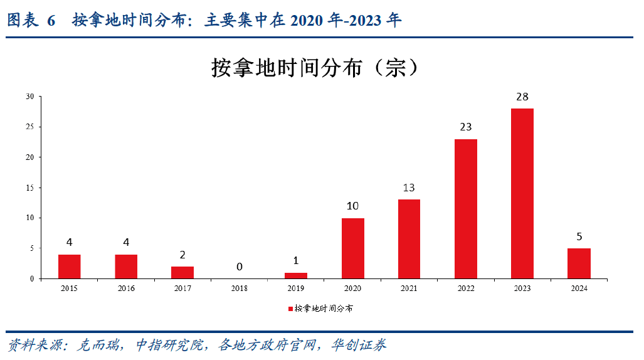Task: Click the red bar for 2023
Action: click(522, 193)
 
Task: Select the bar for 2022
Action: click(465, 208)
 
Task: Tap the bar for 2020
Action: click(352, 248)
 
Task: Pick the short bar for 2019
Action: click(296, 275)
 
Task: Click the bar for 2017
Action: click(182, 272)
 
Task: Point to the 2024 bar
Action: click(579, 263)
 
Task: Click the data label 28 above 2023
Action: click(522, 97)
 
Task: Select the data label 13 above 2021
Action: click(409, 188)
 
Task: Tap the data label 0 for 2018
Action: click(240, 267)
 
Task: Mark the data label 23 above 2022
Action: click(465, 127)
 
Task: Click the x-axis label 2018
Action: click(240, 289)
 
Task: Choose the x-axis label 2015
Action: click(70, 289)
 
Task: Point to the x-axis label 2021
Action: click(409, 289)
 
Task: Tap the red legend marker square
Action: click(290, 309)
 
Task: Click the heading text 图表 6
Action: click(31, 21)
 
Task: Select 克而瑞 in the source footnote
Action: click(94, 345)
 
